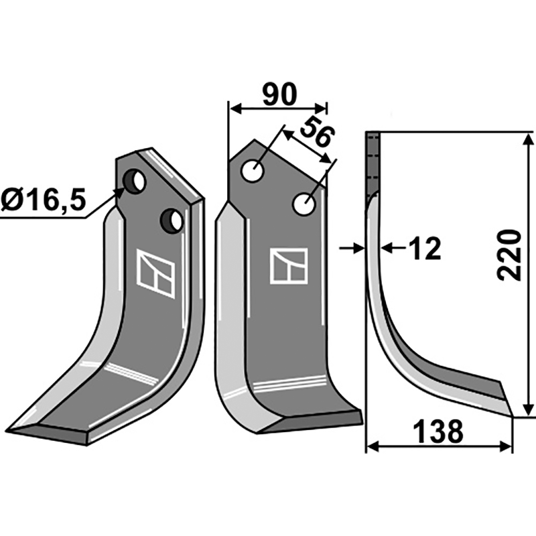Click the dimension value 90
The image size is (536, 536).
(x=279, y=96)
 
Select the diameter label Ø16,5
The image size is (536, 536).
(x=44, y=201)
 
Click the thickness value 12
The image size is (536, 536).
(x=423, y=249)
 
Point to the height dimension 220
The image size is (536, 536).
(x=510, y=255)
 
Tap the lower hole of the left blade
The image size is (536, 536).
(x=171, y=220)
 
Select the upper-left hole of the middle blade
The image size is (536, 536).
(x=253, y=170)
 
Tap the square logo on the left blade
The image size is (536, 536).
(x=155, y=273)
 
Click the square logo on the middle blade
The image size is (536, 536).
(x=289, y=265)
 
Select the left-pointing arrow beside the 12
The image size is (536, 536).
(x=389, y=249)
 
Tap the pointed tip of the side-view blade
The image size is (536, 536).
(x=512, y=415)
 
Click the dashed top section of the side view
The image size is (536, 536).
(x=373, y=161)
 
